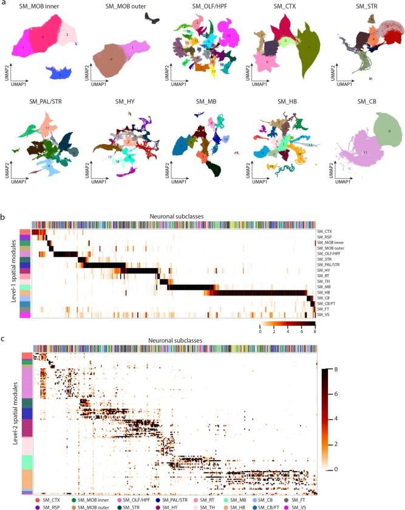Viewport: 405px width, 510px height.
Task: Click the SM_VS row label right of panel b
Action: coord(324,315)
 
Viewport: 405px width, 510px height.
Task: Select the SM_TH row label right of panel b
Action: coord(324,280)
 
